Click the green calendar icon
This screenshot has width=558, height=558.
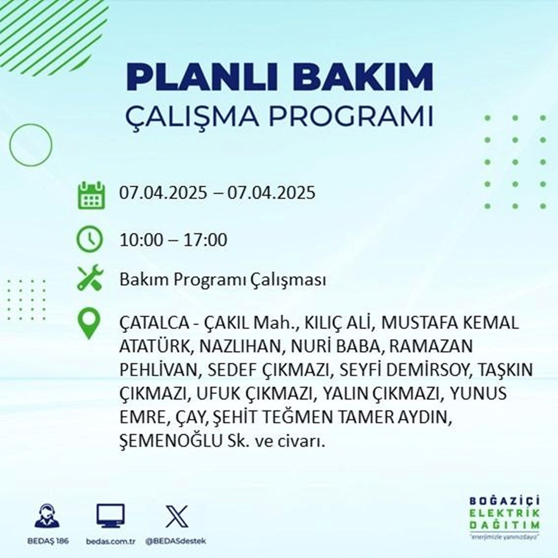tap(90, 195)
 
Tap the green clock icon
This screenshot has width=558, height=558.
tap(90, 240)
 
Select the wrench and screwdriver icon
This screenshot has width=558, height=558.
tap(90, 278)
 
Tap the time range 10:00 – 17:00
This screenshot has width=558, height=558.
tap(174, 240)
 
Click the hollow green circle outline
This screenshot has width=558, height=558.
tap(31, 145)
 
